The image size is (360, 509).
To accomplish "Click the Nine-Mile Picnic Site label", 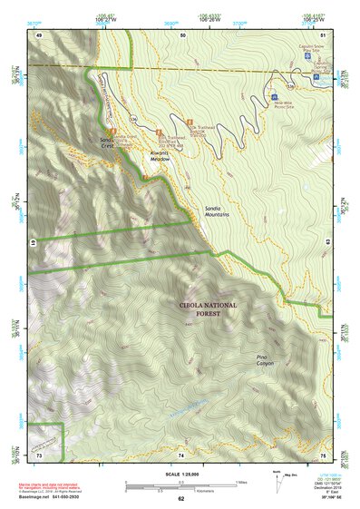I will (286, 104).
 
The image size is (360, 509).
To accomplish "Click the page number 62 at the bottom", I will (180, 499).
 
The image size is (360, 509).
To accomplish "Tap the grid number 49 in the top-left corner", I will (39, 34).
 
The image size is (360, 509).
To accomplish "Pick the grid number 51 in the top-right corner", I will (322, 34).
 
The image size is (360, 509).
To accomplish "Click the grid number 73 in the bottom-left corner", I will (39, 454).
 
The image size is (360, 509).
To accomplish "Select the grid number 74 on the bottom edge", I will (181, 454).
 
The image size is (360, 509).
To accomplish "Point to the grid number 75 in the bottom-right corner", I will (322, 454).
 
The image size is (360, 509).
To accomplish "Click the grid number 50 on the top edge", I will (182, 34).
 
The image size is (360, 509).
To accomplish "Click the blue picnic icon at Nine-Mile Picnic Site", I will (274, 94).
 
